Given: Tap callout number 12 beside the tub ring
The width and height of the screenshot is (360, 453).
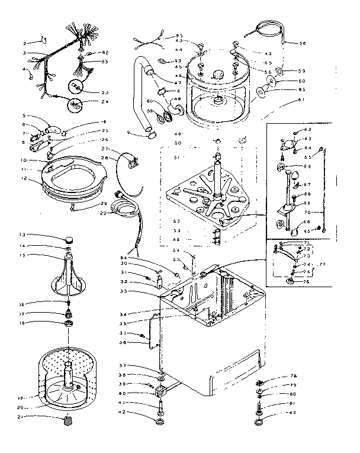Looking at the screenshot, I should [25, 178].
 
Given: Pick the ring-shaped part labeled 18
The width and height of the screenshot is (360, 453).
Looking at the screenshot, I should [70, 323].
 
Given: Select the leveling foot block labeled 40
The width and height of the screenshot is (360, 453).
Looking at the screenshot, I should [160, 392].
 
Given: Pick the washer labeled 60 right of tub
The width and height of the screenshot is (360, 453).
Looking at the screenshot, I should [272, 81].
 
